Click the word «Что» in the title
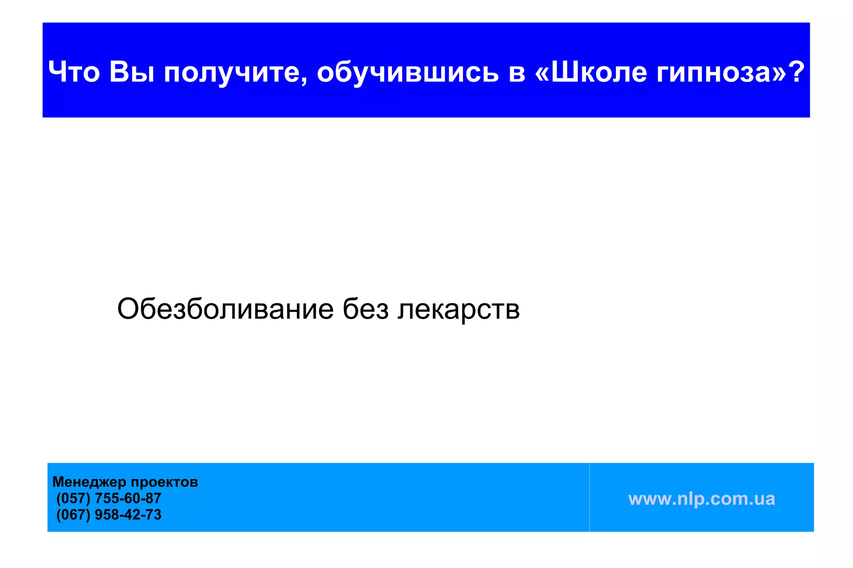tap(74, 72)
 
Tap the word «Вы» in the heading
tap(132, 72)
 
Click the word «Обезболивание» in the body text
tap(225, 309)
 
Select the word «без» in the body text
tap(365, 309)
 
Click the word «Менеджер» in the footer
tap(89, 482)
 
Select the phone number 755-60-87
tap(128, 498)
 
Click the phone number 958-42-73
tap(128, 515)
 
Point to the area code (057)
tap(73, 498)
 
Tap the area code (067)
tap(73, 515)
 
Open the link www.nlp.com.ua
tap(701, 499)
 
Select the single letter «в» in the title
tap(516, 73)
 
